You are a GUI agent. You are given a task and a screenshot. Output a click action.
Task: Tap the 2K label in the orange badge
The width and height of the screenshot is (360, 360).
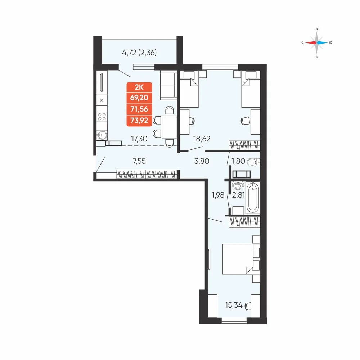pyautogui.click(x=139, y=87)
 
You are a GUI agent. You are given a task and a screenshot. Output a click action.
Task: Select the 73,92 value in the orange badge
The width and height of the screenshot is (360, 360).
pyautogui.click(x=139, y=120)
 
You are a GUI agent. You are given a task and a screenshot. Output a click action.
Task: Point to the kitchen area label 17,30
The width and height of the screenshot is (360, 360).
pyautogui.click(x=139, y=139)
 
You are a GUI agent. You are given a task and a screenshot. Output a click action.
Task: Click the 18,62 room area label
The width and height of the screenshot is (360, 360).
pyautogui.click(x=202, y=139)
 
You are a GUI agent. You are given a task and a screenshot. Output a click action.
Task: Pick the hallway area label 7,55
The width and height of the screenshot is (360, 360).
pyautogui.click(x=139, y=161)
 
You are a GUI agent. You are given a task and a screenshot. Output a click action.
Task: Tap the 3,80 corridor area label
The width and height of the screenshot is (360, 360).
pyautogui.click(x=202, y=161)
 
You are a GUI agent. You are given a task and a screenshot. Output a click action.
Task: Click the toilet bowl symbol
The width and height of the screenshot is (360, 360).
pyautogui.click(x=253, y=163)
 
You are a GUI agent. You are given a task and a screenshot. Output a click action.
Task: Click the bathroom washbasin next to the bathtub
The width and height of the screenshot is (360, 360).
pyautogui.click(x=238, y=185)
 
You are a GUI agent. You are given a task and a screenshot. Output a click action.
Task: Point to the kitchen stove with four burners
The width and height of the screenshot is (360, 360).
pyautogui.click(x=102, y=117)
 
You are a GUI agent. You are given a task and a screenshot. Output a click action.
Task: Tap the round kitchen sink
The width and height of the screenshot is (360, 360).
pyautogui.click(x=102, y=135)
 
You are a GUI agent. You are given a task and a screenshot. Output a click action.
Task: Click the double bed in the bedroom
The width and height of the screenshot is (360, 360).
pyautogui.click(x=238, y=259)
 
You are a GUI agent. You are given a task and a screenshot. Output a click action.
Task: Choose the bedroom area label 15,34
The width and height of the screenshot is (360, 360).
pyautogui.click(x=234, y=305)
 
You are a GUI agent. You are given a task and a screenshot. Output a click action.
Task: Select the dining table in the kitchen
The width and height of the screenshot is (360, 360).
pyautogui.click(x=169, y=127)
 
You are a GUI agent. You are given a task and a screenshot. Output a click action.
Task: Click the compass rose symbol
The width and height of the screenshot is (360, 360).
pyautogui.click(x=316, y=43)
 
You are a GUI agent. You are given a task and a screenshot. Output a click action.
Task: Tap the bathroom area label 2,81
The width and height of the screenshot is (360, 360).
pyautogui.click(x=238, y=195)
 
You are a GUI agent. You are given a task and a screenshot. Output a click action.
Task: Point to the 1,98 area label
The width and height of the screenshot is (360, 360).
pyautogui.click(x=218, y=195)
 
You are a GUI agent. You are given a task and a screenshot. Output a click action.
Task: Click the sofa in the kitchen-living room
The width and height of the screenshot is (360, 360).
pyautogui.click(x=168, y=85)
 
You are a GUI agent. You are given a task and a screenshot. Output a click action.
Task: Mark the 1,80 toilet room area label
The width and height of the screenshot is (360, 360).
pyautogui.click(x=238, y=161)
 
